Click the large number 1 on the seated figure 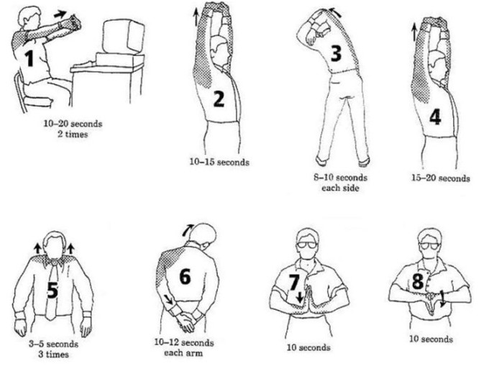coord(29,58)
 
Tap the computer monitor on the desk coord(124,37)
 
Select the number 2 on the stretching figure coord(219,99)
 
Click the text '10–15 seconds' coord(219,162)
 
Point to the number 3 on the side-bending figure coord(336,53)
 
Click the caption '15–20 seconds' coord(441,178)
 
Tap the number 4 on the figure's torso coord(435,116)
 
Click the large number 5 coord(52,290)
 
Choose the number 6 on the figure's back coord(185,276)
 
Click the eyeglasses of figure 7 coord(306,244)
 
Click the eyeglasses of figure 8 coord(429,246)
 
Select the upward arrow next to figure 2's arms coord(196,17)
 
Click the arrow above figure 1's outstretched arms coord(60,14)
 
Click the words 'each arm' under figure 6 coord(183,353)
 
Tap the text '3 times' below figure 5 coord(53,354)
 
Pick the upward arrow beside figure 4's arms coord(414,32)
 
